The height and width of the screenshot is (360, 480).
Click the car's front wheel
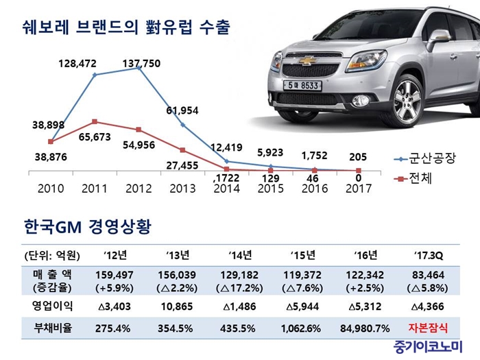tap(418, 103)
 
